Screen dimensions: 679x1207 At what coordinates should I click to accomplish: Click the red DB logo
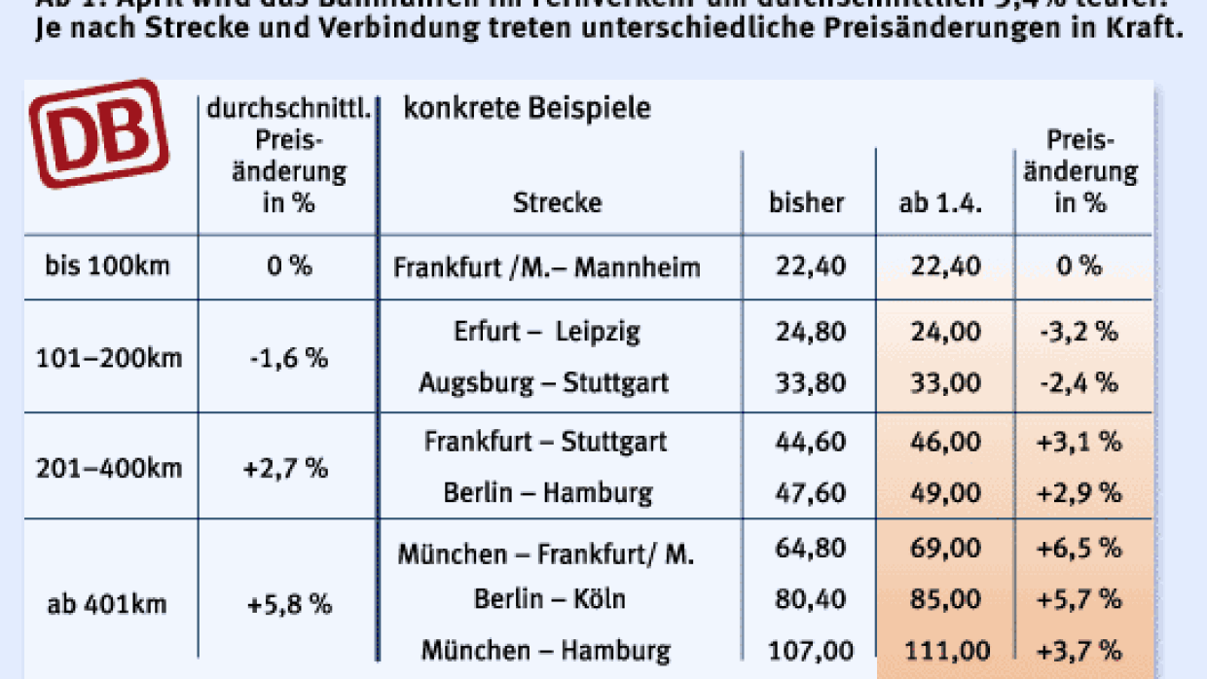pyautogui.click(x=97, y=133)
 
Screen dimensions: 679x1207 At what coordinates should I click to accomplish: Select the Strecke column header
pyautogui.click(x=557, y=202)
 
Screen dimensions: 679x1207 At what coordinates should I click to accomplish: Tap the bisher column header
pyautogui.click(x=806, y=203)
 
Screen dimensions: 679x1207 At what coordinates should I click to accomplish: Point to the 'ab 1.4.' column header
pyautogui.click(x=941, y=203)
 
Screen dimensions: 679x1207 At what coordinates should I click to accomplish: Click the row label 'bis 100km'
pyautogui.click(x=107, y=266)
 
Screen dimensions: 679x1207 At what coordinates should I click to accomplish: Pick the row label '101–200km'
pyautogui.click(x=108, y=358)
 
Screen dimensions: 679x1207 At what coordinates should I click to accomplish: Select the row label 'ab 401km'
pyautogui.click(x=107, y=604)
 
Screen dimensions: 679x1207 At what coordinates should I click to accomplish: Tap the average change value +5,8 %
pyautogui.click(x=289, y=604)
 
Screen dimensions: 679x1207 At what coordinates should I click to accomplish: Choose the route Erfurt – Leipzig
pyautogui.click(x=546, y=332)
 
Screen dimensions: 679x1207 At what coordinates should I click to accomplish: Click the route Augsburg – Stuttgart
pyautogui.click(x=543, y=382)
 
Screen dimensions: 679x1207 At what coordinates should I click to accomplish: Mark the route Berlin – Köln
pyautogui.click(x=549, y=598)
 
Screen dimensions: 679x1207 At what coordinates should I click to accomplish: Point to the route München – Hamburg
pyautogui.click(x=545, y=649)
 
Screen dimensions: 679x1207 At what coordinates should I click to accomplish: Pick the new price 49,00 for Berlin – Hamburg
pyautogui.click(x=944, y=493)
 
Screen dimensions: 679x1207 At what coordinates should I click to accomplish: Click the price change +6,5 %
pyautogui.click(x=1079, y=549)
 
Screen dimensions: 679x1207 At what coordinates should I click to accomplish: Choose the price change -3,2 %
pyautogui.click(x=1079, y=332)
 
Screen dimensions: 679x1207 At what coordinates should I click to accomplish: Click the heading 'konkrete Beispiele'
pyautogui.click(x=527, y=108)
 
